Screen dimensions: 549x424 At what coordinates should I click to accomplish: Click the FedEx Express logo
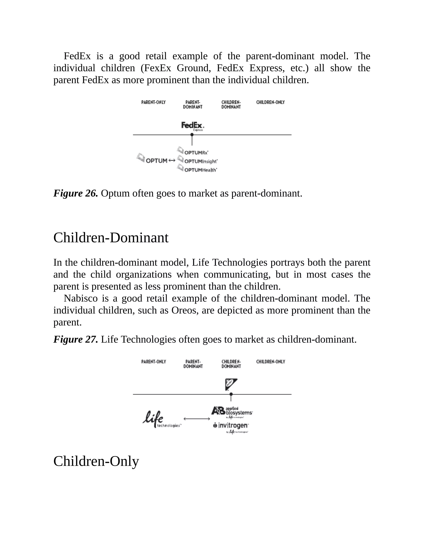pos(193,126)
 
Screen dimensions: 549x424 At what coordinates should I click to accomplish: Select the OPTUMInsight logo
pos(198,160)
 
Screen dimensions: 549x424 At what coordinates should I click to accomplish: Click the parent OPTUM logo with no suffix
pos(152,159)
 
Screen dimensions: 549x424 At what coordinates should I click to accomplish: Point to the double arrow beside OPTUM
pos(172,160)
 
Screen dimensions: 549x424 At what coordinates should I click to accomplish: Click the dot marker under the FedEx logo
pos(192,135)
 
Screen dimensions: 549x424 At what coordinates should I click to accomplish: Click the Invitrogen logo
pos(231,426)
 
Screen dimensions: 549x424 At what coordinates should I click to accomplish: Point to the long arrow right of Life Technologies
pos(197,419)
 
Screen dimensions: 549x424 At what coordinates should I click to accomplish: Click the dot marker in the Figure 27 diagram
pos(231,394)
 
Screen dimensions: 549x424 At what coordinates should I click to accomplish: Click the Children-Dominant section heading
pos(111,238)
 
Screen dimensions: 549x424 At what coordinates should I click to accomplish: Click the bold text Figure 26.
pos(76,193)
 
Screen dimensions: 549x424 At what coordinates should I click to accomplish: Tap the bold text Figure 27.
pos(76,340)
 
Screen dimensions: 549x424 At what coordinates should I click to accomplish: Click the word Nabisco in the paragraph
pos(80,299)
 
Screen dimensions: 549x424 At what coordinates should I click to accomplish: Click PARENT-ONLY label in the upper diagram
pos(153,102)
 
